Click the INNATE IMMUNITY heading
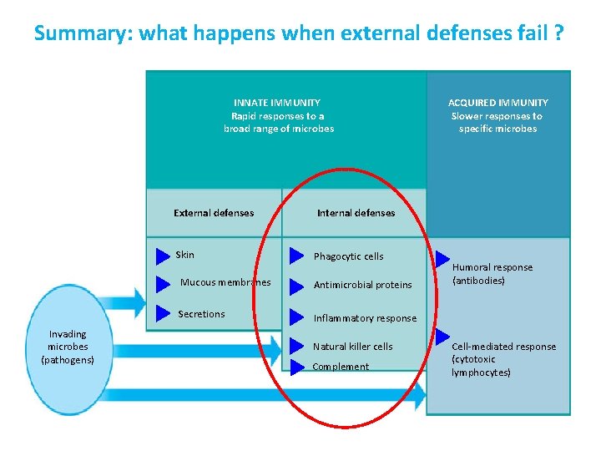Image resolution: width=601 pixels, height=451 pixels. pyautogui.click(x=277, y=102)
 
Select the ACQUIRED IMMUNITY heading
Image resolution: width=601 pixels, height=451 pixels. pyautogui.click(x=498, y=102)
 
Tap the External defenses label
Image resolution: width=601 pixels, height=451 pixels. pyautogui.click(x=214, y=213)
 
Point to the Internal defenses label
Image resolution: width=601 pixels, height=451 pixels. pyautogui.click(x=356, y=213)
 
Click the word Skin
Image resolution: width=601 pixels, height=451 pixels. pyautogui.click(x=185, y=255)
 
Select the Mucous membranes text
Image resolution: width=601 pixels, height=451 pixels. pyautogui.click(x=225, y=282)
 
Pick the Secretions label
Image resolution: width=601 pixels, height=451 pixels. pyautogui.click(x=201, y=314)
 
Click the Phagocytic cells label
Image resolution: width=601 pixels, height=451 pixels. pyautogui.click(x=348, y=256)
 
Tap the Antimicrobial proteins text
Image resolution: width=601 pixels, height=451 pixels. pyautogui.click(x=362, y=285)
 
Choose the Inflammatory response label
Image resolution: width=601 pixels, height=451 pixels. pyautogui.click(x=364, y=318)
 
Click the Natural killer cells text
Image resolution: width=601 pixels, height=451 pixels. pyautogui.click(x=352, y=347)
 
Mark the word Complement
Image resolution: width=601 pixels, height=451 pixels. pyautogui.click(x=341, y=367)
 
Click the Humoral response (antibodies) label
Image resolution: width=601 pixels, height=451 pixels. pyautogui.click(x=492, y=274)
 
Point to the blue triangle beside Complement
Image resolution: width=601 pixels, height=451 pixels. pyautogui.click(x=296, y=367)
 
